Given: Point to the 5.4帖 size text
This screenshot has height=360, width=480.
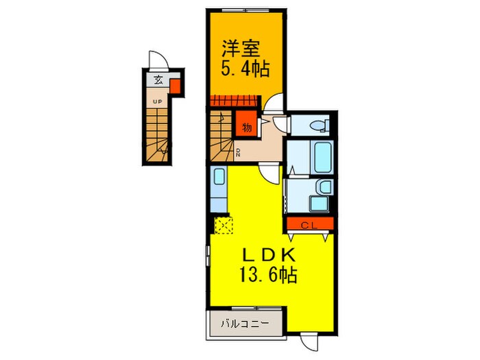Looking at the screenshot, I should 245,69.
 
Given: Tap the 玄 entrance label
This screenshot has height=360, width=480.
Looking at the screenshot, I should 158,80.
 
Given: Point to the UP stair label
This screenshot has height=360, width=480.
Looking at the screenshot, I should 157,102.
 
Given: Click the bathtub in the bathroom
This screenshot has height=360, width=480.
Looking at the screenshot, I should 320,157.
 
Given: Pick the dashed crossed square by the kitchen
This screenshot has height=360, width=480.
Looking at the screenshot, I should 224,225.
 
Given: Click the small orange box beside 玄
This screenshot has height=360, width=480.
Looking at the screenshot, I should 175,86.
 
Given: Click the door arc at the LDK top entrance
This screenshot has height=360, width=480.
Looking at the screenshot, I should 271,171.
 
